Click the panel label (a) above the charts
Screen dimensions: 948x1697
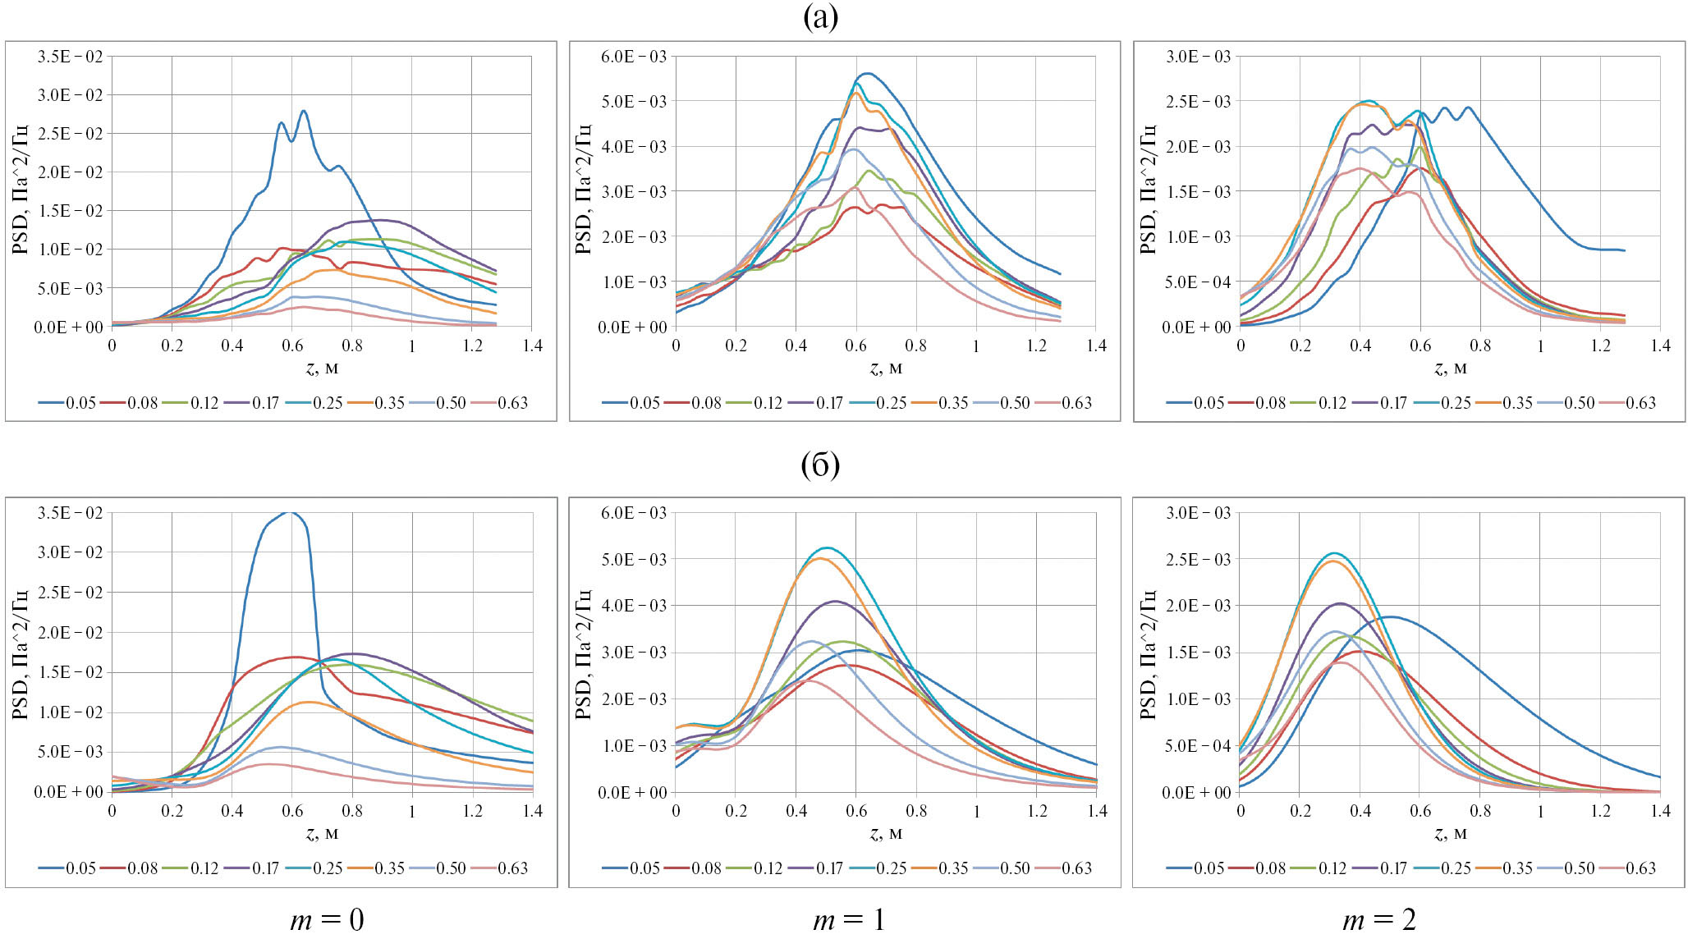tap(820, 17)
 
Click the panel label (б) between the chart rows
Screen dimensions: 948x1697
tap(820, 465)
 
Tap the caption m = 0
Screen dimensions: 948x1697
tap(327, 920)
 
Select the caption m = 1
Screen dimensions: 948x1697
tap(849, 920)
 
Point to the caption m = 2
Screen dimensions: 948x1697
tap(1379, 920)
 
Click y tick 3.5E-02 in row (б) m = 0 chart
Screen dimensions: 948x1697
tap(70, 513)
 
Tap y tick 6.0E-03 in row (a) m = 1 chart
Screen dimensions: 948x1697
tap(634, 57)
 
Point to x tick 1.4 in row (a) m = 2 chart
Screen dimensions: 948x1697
tap(1660, 346)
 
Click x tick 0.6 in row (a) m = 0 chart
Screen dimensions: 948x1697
tap(292, 346)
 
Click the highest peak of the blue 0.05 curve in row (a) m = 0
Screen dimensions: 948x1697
tap(304, 111)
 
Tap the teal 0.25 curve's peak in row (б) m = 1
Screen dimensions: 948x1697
tap(826, 547)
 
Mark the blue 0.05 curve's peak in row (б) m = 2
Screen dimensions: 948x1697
tap(1389, 616)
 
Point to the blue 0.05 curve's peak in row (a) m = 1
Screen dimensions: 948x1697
tap(868, 73)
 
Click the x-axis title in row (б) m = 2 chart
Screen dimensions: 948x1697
tap(1450, 833)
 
